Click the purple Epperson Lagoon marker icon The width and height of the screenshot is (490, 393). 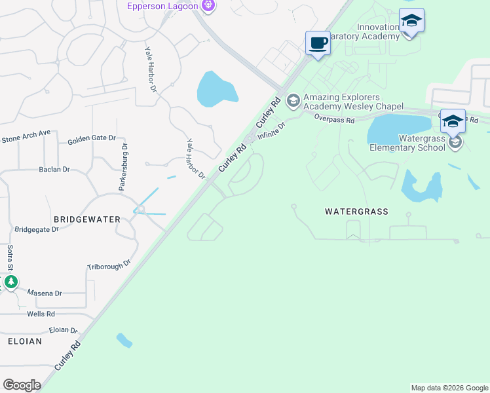coord(208,6)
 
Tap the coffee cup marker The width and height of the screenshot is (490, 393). coord(318,43)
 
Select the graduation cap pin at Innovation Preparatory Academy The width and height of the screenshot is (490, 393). coord(411,20)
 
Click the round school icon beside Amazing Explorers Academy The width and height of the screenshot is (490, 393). coord(293,100)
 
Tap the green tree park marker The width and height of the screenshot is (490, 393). coord(10,282)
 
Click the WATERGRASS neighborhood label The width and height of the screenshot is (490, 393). coord(357,212)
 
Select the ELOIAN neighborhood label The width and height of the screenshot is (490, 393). coord(25,341)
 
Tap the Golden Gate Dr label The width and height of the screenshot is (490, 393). coord(92,139)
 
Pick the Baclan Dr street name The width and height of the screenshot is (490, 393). coord(54,170)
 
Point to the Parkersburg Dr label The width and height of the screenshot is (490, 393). coord(122,167)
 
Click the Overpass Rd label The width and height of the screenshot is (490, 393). coord(334,120)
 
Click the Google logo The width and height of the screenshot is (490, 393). coord(22,385)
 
